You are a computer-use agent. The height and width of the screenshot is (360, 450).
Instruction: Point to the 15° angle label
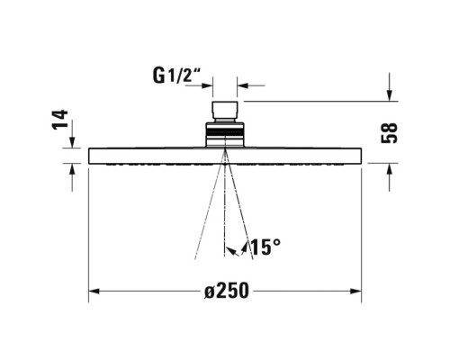tap(266, 247)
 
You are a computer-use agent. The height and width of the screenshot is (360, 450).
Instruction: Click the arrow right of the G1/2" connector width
tap(243, 86)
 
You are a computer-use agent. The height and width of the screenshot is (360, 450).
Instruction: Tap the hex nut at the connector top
tap(225, 112)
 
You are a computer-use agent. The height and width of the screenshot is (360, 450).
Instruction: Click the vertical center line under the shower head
tap(225, 216)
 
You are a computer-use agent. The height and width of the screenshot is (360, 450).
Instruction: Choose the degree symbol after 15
tap(278, 241)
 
